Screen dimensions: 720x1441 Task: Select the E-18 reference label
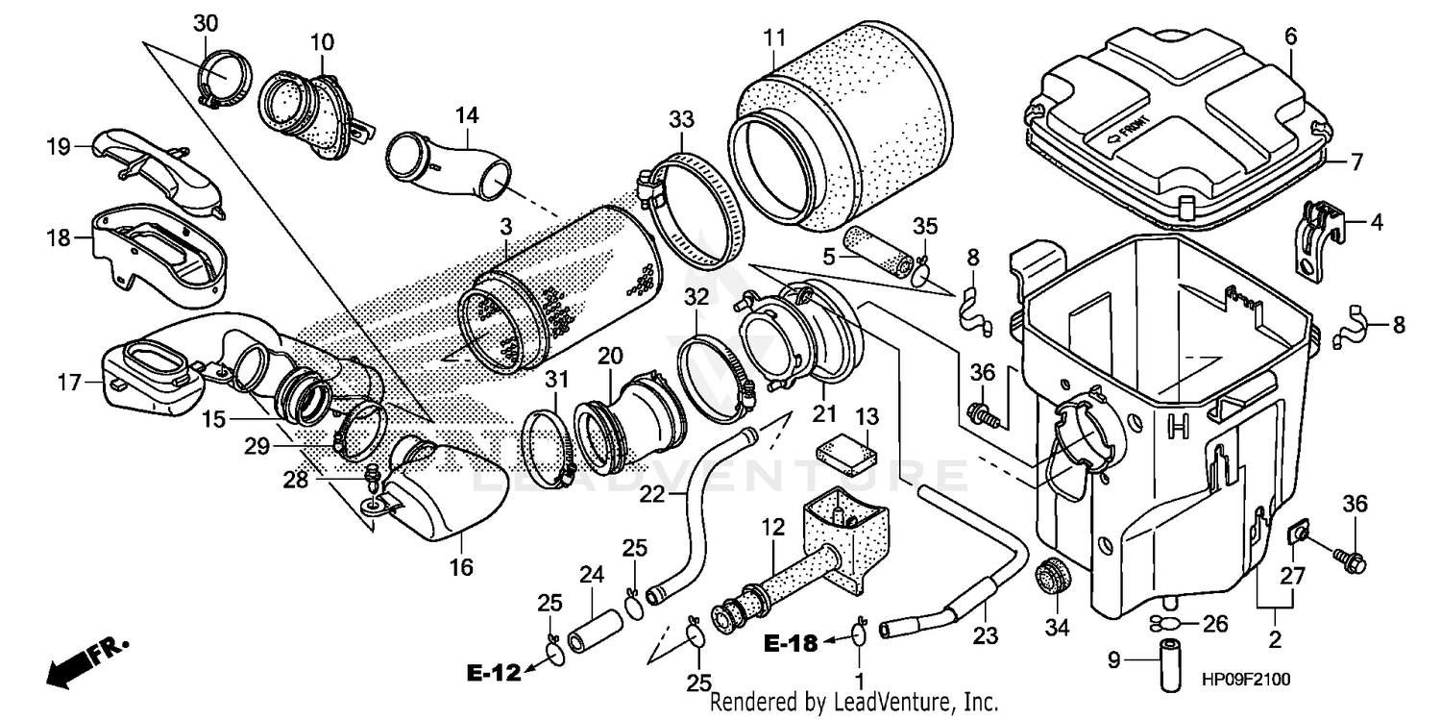[x=792, y=643]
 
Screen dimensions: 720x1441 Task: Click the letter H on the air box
[x=1177, y=426]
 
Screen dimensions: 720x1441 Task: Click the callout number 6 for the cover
[x=1290, y=37]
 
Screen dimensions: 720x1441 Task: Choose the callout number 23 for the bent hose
[x=986, y=635]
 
